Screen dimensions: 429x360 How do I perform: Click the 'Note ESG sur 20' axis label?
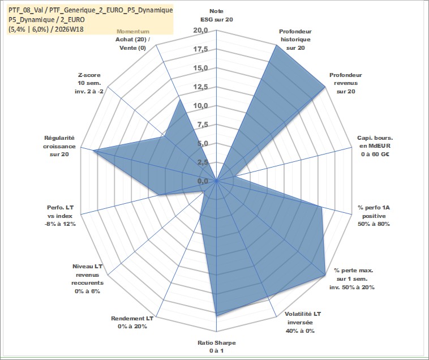(x=216, y=15)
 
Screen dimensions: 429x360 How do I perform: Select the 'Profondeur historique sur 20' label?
(x=295, y=40)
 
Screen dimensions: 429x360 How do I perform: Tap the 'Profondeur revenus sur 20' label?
(x=346, y=83)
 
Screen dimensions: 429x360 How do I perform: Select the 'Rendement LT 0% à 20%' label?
(x=132, y=322)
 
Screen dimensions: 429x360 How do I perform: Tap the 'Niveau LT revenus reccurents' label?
(x=88, y=278)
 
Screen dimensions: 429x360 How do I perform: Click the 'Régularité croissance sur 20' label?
(x=59, y=146)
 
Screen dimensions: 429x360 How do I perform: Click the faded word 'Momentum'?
(x=132, y=32)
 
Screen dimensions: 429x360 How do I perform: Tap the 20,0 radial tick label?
(x=200, y=31)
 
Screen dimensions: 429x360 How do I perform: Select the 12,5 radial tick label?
(x=200, y=87)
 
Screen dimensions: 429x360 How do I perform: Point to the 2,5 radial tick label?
(x=202, y=162)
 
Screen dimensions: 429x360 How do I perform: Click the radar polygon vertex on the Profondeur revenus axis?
(x=325, y=88)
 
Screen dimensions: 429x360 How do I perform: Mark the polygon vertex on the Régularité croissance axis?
(x=93, y=151)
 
